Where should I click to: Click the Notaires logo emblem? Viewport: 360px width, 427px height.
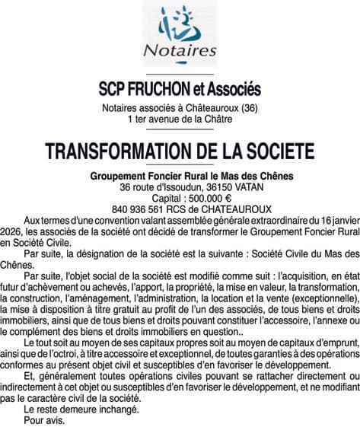180,25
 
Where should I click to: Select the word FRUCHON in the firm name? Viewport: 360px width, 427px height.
166,88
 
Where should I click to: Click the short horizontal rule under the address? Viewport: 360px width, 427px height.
180,128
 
